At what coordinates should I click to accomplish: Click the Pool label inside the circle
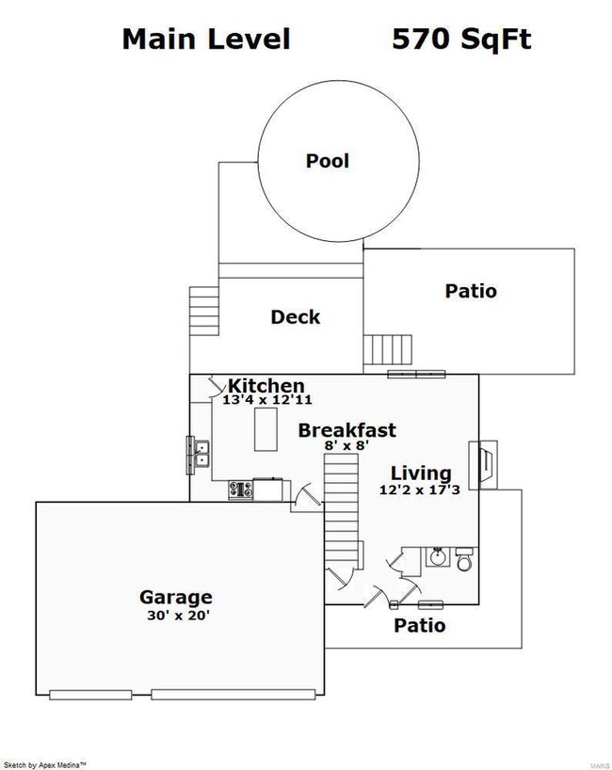point(327,161)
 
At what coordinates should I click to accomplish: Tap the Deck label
point(296,316)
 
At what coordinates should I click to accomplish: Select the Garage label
point(176,597)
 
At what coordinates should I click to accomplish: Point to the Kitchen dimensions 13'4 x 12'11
point(267,400)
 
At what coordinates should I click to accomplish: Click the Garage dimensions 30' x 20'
point(178,615)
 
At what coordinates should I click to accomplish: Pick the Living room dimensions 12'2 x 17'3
point(420,489)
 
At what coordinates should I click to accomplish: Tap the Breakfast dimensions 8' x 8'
point(346,445)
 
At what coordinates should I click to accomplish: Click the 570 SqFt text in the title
point(461,39)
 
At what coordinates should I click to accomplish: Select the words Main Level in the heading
point(206,39)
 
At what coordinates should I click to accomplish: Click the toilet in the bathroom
point(464,559)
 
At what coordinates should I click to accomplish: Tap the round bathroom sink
point(437,557)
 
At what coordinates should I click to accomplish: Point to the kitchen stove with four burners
point(241,489)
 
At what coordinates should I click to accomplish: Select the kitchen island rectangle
point(266,429)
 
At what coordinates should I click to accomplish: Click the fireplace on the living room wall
point(483,465)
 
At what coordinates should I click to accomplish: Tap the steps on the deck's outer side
point(203,311)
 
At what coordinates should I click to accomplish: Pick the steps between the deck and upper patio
point(388,349)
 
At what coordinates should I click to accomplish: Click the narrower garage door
point(90,695)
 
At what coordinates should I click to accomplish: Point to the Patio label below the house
point(420,625)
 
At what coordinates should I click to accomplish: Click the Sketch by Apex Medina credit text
point(45,764)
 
